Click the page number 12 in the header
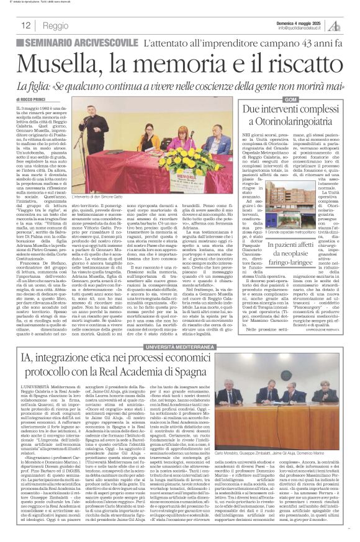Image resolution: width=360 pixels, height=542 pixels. [27, 26]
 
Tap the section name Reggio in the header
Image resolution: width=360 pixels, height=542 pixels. [56, 26]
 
